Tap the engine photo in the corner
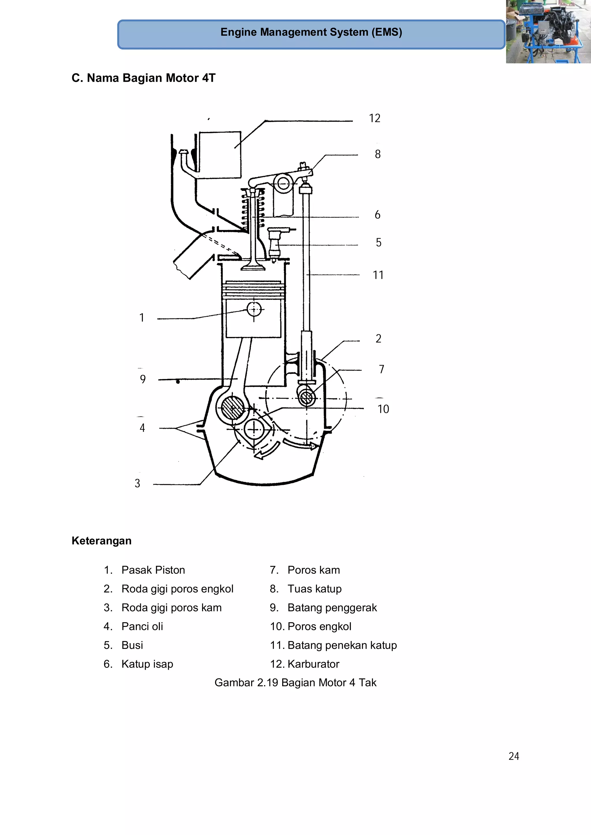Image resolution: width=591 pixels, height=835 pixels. coord(548,32)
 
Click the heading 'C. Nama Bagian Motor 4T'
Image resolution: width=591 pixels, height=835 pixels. coord(143,78)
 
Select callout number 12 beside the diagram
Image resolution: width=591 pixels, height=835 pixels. coord(374,118)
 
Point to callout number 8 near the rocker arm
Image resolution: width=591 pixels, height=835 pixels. coord(378,154)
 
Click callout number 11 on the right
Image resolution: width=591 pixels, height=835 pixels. coord(378,275)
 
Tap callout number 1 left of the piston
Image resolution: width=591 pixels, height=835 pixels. coord(142,318)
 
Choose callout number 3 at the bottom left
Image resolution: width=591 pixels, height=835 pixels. coord(137,483)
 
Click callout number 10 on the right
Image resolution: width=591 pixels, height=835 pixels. coord(383,409)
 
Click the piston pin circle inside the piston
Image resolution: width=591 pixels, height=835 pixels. coord(254,310)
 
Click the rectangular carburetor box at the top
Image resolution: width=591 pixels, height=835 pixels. coord(220,154)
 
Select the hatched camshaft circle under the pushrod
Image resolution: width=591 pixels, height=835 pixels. coord(307,397)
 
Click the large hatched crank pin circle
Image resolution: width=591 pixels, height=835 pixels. coord(232,408)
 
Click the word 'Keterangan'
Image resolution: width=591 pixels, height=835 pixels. coord(102,540)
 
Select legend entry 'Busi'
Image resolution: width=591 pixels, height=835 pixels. coord(132,645)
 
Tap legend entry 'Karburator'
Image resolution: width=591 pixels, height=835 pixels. coord(313,664)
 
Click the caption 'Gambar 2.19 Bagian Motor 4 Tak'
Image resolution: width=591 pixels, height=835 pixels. coord(295,682)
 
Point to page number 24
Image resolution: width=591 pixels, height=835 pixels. coord(513,756)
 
